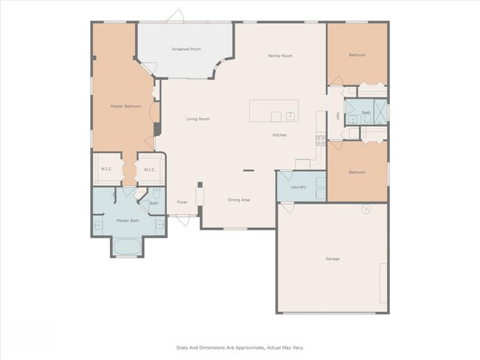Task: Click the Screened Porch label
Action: click(186, 49)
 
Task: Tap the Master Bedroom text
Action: click(126, 106)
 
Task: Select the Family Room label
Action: click(280, 56)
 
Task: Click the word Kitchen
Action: click(279, 135)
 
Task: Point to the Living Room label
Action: click(198, 119)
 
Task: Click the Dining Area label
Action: click(238, 200)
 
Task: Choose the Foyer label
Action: click(182, 202)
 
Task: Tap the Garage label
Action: click(332, 259)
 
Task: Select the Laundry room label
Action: click(298, 187)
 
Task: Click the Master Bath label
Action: click(127, 220)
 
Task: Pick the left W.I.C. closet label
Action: click(106, 170)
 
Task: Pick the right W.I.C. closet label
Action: click(148, 170)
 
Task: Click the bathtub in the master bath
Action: click(127, 247)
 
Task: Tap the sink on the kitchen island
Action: click(291, 116)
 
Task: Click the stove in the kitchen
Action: click(321, 140)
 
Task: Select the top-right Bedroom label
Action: click(357, 55)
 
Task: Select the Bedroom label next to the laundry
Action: click(357, 172)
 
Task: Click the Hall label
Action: click(337, 116)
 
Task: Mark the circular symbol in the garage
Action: click(364, 210)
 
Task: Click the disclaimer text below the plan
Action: click(239, 347)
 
